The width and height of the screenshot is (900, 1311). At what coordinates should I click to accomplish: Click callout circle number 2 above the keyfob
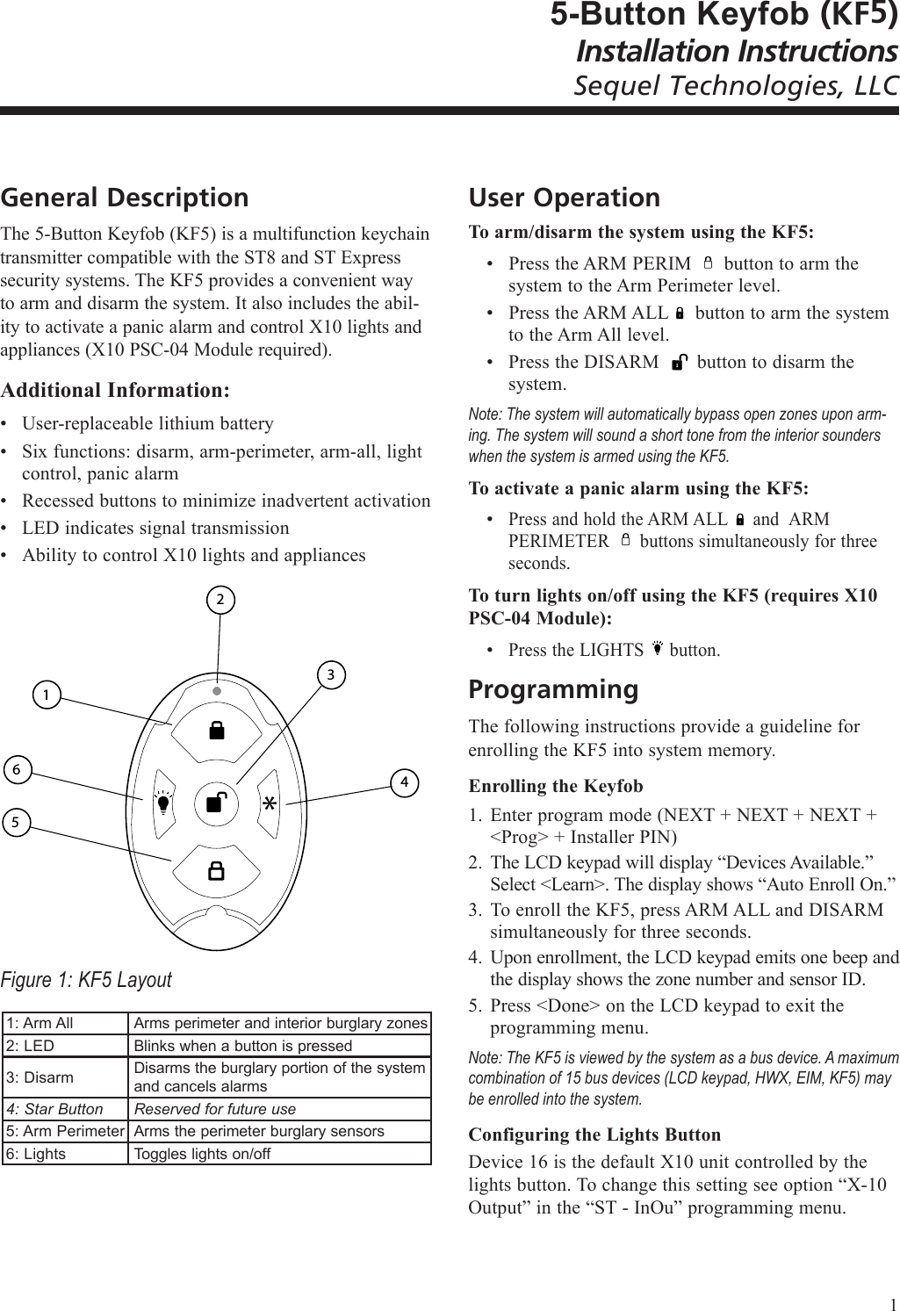coord(221,600)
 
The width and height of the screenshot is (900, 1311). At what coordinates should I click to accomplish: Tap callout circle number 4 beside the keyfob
coord(403,782)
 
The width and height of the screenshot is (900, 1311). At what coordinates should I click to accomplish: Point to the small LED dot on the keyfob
coord(216,690)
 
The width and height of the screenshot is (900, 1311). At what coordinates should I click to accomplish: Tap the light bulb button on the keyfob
coord(163,803)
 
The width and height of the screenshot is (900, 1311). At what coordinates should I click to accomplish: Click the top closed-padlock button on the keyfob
coord(216,731)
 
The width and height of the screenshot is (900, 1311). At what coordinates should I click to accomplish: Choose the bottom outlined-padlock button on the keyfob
coord(216,871)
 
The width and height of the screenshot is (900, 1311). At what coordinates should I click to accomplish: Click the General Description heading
coord(125,198)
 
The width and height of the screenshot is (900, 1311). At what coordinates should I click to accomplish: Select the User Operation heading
coord(565,198)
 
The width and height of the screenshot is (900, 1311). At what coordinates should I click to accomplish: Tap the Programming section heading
coord(554,689)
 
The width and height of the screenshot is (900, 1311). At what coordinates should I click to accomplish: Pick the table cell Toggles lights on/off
coord(202,1154)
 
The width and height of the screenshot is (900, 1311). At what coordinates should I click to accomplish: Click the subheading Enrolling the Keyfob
coord(556,786)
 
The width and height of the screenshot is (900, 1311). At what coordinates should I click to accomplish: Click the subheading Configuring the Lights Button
coord(594,1134)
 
